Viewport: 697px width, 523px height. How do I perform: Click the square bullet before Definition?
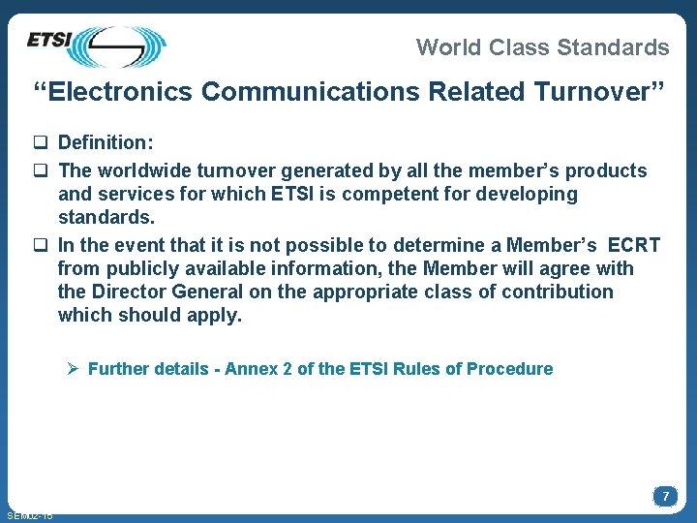pyautogui.click(x=42, y=143)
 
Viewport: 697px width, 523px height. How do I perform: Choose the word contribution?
pyautogui.click(x=557, y=292)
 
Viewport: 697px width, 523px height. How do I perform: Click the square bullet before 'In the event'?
pyautogui.click(x=42, y=244)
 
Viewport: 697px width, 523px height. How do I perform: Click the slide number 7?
pyautogui.click(x=665, y=496)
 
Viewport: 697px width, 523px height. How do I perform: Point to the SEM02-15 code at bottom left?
pyautogui.click(x=29, y=515)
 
